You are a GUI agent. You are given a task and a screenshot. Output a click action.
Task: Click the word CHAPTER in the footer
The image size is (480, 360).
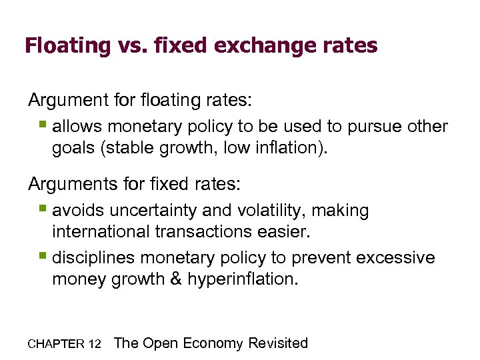tap(55, 344)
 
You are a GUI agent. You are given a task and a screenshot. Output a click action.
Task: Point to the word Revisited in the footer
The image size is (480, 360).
tap(278, 343)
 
